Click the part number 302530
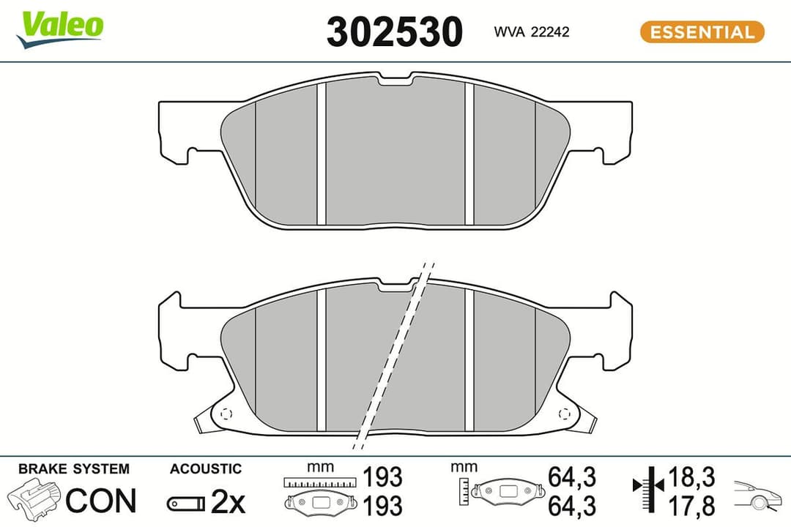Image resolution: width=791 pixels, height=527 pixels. tap(395, 32)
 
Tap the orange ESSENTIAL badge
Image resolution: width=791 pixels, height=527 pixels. tap(702, 32)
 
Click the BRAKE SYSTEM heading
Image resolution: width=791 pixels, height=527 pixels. tap(73, 468)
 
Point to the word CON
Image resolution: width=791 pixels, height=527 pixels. tap(101, 501)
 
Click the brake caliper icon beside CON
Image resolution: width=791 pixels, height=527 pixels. tap(34, 499)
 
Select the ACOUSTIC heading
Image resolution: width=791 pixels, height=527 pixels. tap(205, 468)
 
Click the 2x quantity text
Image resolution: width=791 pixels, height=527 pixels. tap(228, 501)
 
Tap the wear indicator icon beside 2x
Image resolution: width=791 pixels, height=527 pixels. tap(185, 503)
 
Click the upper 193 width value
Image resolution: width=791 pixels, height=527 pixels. tap(383, 477)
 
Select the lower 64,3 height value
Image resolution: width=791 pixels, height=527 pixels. tap(571, 505)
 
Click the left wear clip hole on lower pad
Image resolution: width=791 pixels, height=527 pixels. tap(226, 412)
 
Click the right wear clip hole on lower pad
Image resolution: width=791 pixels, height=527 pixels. tap(565, 412)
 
